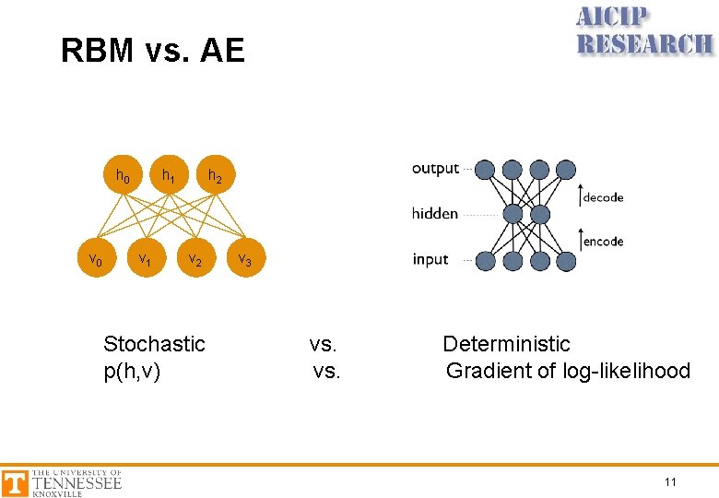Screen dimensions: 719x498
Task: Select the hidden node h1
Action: (169, 175)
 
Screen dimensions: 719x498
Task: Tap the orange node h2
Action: (214, 175)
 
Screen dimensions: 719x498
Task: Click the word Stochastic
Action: (154, 344)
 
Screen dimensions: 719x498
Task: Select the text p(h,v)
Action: (132, 371)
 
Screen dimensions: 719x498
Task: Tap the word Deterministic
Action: (506, 344)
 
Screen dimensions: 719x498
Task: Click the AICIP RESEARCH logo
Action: (644, 31)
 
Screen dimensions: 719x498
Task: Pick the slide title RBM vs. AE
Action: (153, 51)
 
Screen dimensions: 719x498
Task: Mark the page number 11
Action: (670, 481)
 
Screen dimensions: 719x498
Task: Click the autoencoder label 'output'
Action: (435, 169)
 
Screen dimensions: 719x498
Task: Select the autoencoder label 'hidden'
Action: (435, 214)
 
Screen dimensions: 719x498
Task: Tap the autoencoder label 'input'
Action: (430, 259)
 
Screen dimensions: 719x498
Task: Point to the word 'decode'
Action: (603, 196)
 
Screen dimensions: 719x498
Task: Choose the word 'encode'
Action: (603, 242)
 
